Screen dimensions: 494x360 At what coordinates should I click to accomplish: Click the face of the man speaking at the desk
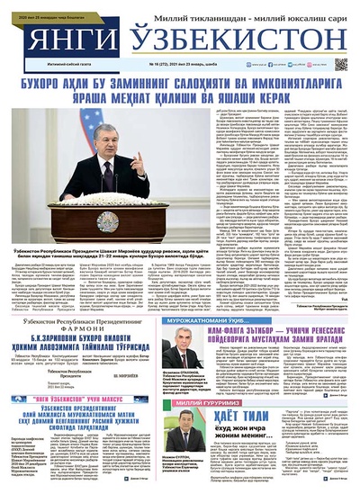point(110,147)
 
